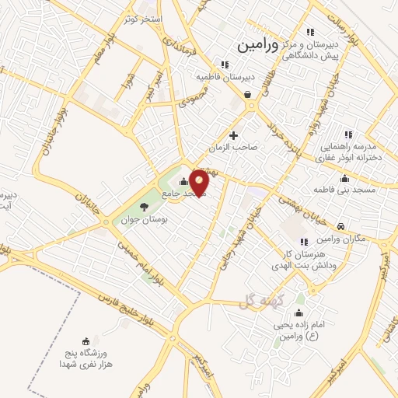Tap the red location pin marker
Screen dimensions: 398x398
200,183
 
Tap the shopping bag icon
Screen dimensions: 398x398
247,95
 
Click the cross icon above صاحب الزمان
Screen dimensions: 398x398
233,135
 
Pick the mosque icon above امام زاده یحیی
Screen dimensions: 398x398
298,313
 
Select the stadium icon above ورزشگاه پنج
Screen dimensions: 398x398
86,340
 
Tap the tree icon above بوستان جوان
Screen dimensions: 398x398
144,206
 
